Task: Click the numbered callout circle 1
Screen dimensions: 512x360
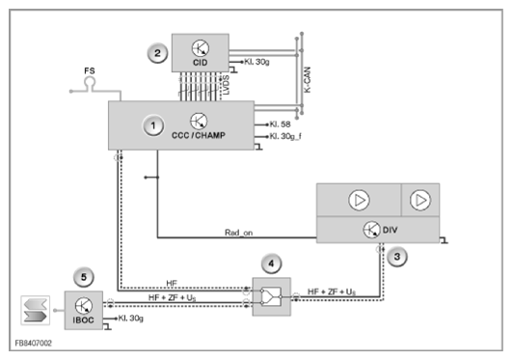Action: click(153, 125)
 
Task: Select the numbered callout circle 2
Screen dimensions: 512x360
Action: click(157, 53)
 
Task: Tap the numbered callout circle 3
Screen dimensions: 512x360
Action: click(397, 257)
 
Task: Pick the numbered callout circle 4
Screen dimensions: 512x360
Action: click(271, 263)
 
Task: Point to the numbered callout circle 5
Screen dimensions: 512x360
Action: click(84, 277)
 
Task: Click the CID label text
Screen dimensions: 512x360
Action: click(201, 63)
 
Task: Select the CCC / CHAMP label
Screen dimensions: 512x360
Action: click(199, 135)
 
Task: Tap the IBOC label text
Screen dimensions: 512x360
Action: click(83, 320)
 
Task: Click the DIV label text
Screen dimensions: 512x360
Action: click(390, 230)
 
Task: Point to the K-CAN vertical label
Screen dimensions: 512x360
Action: click(308, 80)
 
